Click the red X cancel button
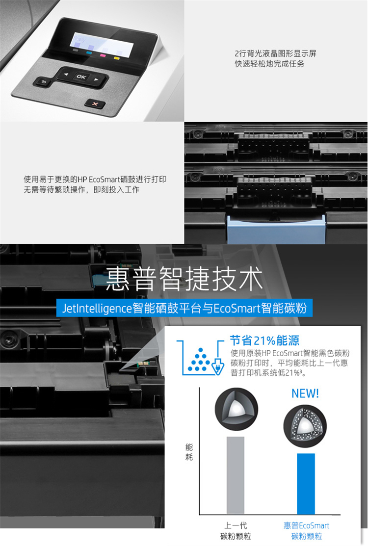[x=95, y=104]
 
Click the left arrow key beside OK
[x=66, y=74]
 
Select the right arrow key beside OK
[x=96, y=79]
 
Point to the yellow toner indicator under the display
[x=117, y=58]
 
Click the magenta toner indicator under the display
[x=103, y=55]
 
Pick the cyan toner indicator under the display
[x=89, y=53]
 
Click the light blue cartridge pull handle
[x=276, y=229]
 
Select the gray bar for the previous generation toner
[x=236, y=475]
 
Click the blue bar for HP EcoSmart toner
[x=306, y=484]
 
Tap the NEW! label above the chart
[x=305, y=393]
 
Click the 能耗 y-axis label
[x=189, y=452]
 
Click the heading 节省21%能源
[x=264, y=340]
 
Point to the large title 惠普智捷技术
[x=184, y=278]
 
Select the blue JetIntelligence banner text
[x=184, y=308]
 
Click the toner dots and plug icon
[x=201, y=358]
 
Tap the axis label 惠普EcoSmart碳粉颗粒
[x=306, y=531]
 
